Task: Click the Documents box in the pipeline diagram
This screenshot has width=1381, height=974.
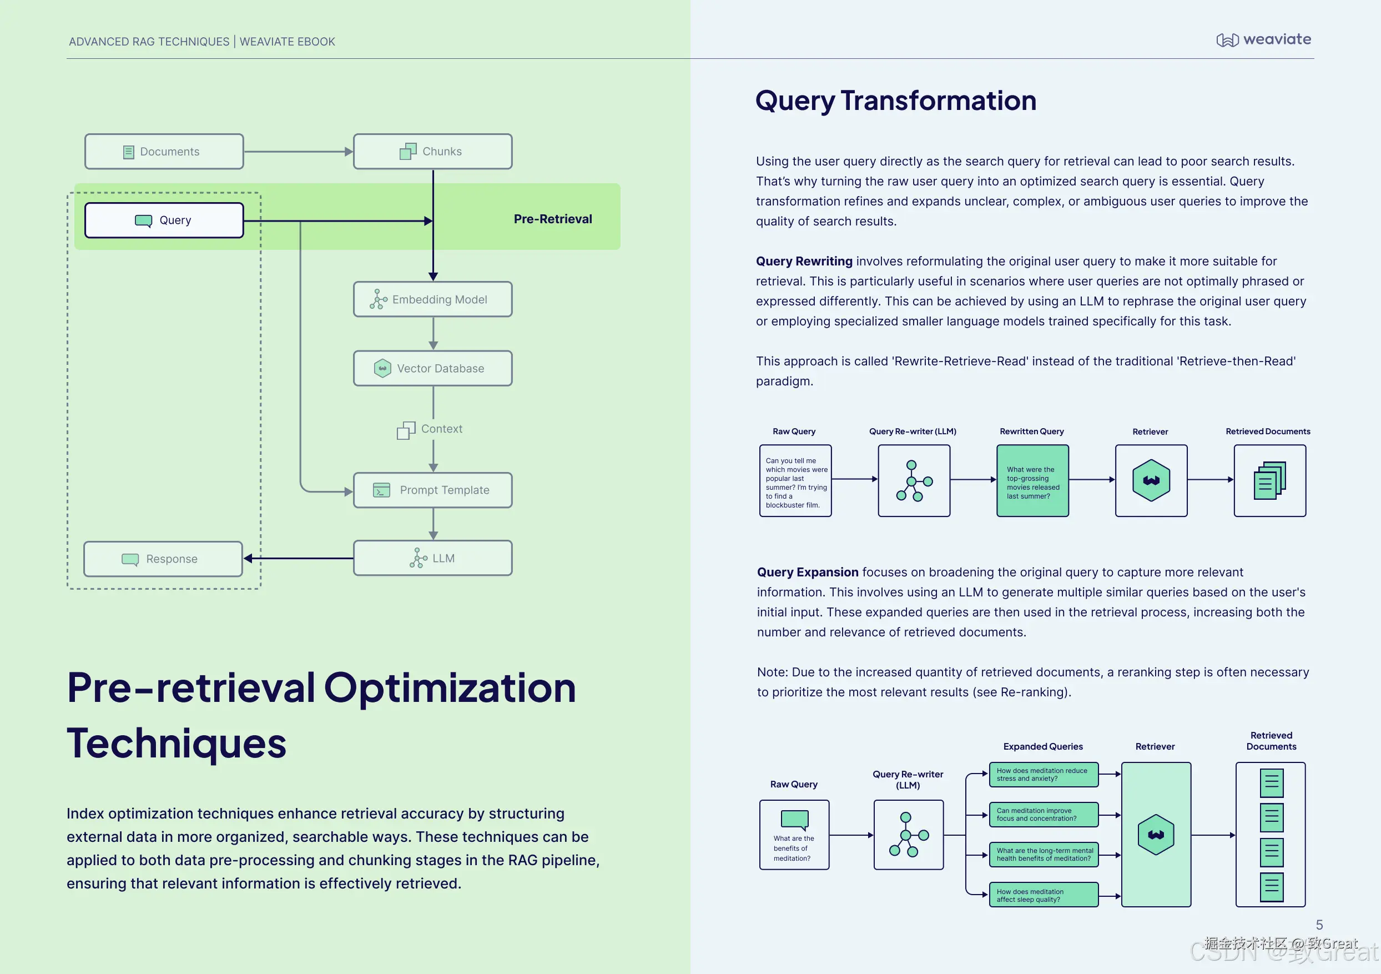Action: click(164, 152)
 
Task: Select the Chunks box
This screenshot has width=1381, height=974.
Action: click(432, 152)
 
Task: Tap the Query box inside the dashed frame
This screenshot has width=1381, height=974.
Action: click(164, 220)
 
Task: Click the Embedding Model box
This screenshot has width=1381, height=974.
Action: click(432, 299)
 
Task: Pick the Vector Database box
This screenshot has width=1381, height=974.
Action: click(432, 368)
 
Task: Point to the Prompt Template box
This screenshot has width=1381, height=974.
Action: click(432, 490)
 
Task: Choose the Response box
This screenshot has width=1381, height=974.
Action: click(163, 559)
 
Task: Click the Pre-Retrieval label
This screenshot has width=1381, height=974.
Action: click(552, 219)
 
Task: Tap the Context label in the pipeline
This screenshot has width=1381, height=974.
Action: click(441, 429)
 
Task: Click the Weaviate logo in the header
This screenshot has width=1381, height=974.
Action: click(1263, 40)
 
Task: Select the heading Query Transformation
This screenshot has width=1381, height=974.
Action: click(896, 101)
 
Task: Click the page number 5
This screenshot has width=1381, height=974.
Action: click(1319, 925)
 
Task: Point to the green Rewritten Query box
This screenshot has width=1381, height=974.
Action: click(1032, 481)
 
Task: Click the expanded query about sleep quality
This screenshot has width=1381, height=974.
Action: click(1043, 895)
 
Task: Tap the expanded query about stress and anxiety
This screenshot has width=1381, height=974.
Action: click(1043, 774)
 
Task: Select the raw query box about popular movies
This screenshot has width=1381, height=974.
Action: click(795, 481)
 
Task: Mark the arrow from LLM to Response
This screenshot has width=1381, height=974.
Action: click(299, 558)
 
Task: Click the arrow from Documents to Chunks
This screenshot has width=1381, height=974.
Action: click(298, 152)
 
